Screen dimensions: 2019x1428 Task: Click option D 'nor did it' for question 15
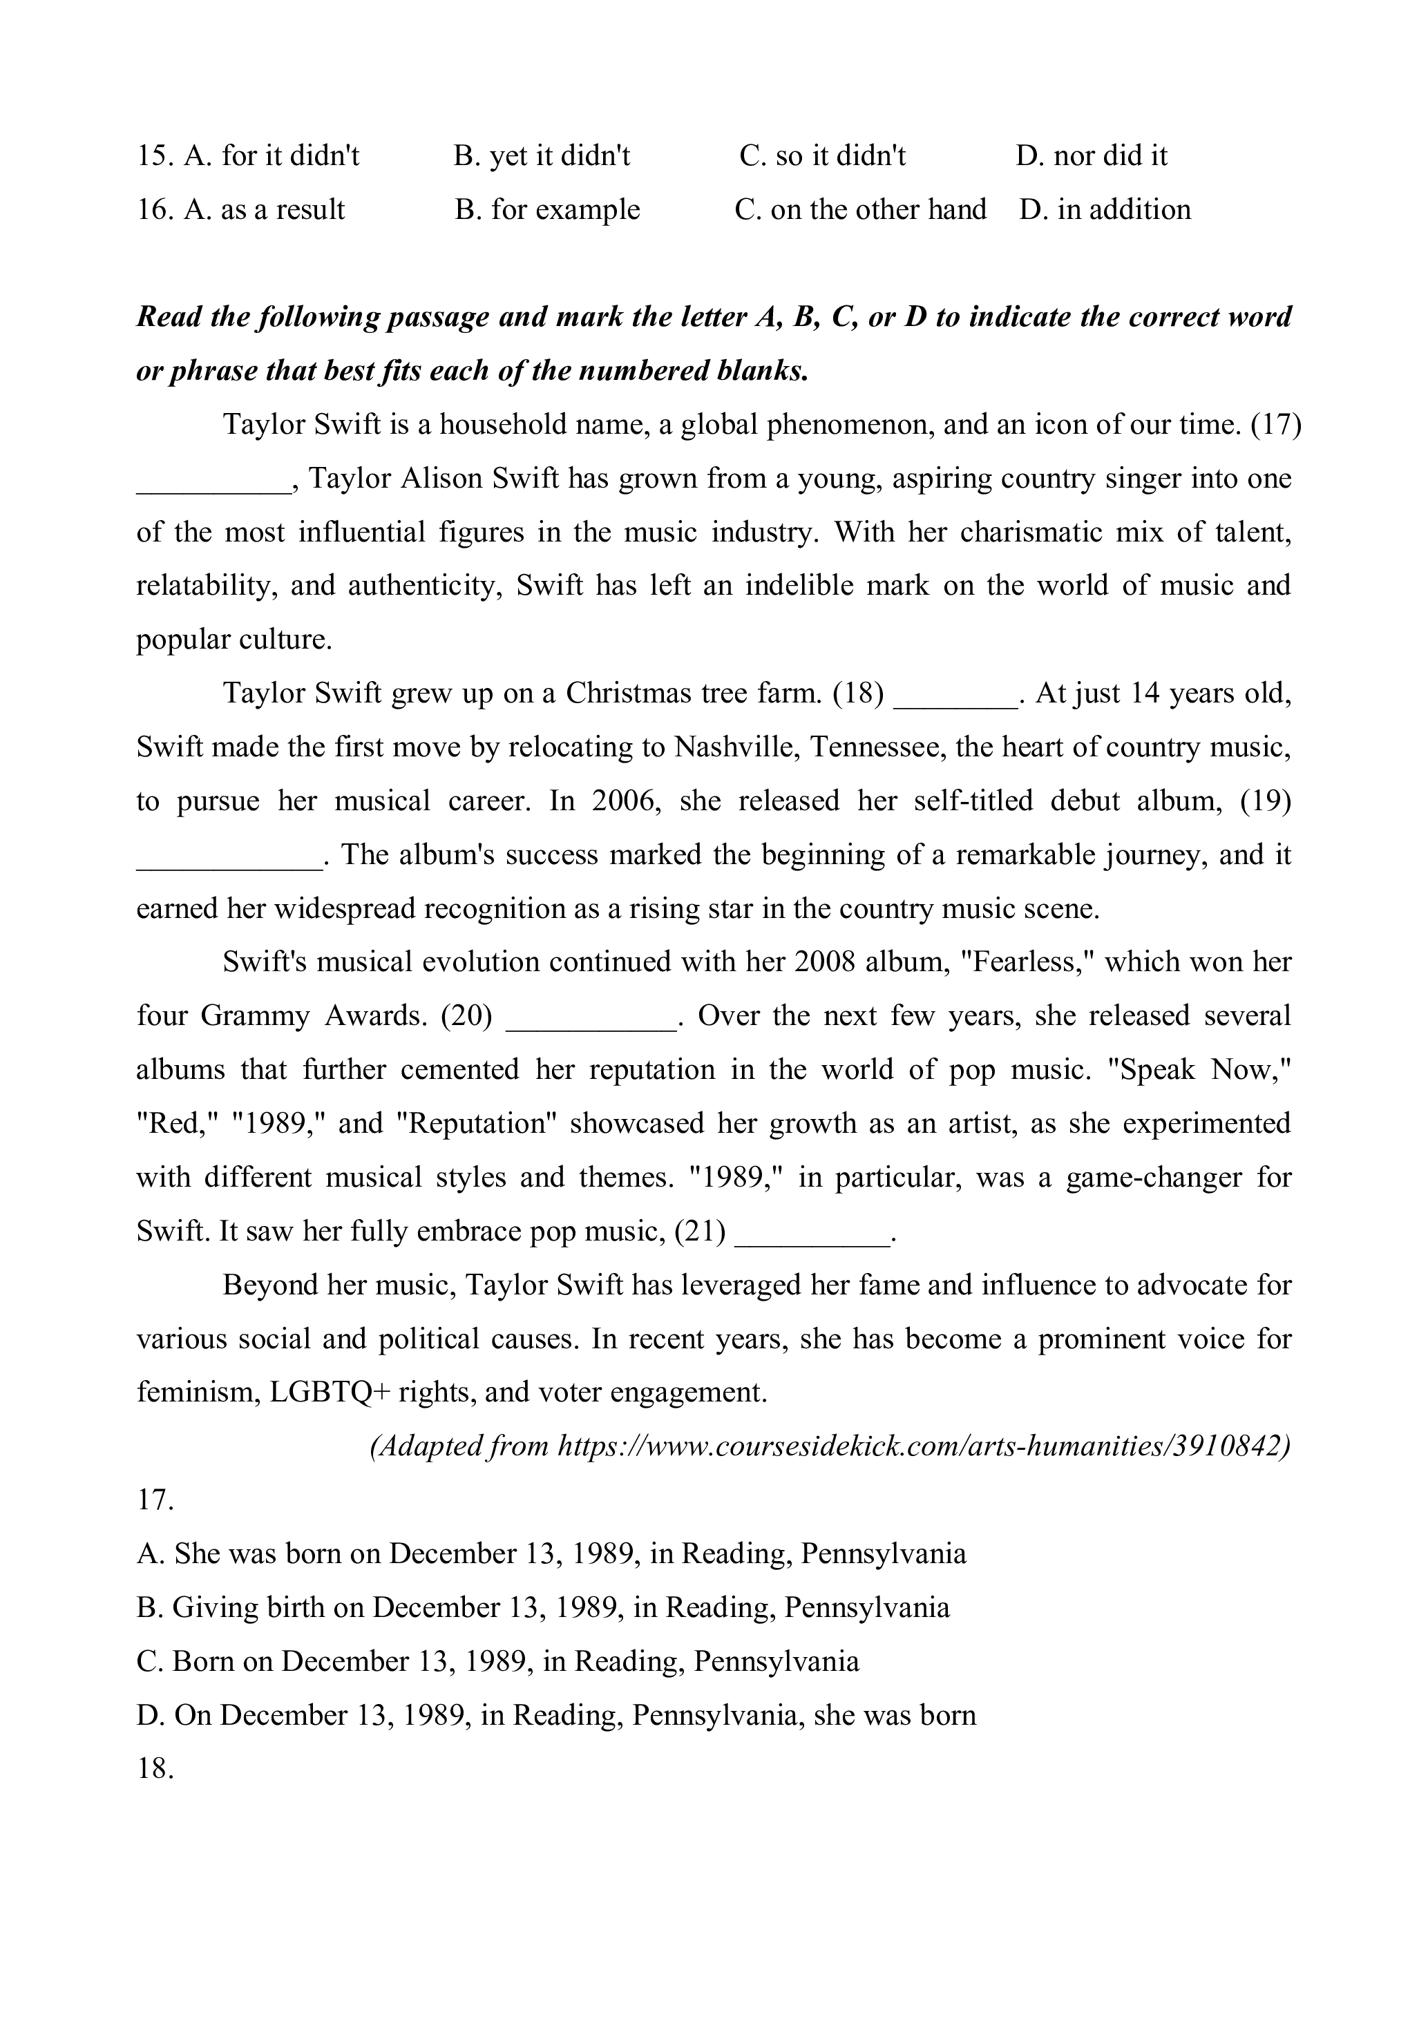(x=1092, y=155)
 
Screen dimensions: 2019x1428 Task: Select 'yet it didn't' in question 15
(x=542, y=155)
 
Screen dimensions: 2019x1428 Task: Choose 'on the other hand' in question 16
(x=861, y=209)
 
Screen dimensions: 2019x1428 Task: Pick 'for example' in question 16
(x=547, y=209)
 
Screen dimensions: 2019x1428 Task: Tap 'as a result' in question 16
(x=241, y=209)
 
